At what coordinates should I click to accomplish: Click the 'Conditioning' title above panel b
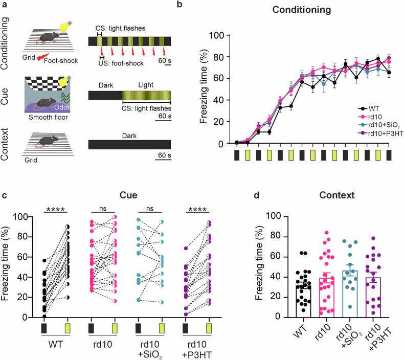301,10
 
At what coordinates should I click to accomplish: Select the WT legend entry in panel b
369,109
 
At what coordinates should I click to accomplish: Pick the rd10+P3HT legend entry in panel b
380,133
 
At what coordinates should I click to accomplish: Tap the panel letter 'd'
257,195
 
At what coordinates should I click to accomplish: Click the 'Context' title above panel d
337,195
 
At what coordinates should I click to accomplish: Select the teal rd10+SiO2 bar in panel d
350,294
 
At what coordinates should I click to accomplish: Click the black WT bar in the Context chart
304,301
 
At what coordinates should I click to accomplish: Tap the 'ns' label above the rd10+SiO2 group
150,208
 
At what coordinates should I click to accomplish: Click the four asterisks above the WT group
56,209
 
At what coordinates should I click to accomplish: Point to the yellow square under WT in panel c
68,329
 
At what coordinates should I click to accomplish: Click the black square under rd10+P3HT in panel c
185,329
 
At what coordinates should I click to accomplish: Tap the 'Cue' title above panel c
128,195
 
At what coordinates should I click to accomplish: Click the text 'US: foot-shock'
121,63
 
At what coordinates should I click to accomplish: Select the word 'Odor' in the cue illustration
62,107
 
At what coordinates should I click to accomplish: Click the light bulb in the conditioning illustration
65,26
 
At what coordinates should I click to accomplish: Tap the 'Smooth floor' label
48,118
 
